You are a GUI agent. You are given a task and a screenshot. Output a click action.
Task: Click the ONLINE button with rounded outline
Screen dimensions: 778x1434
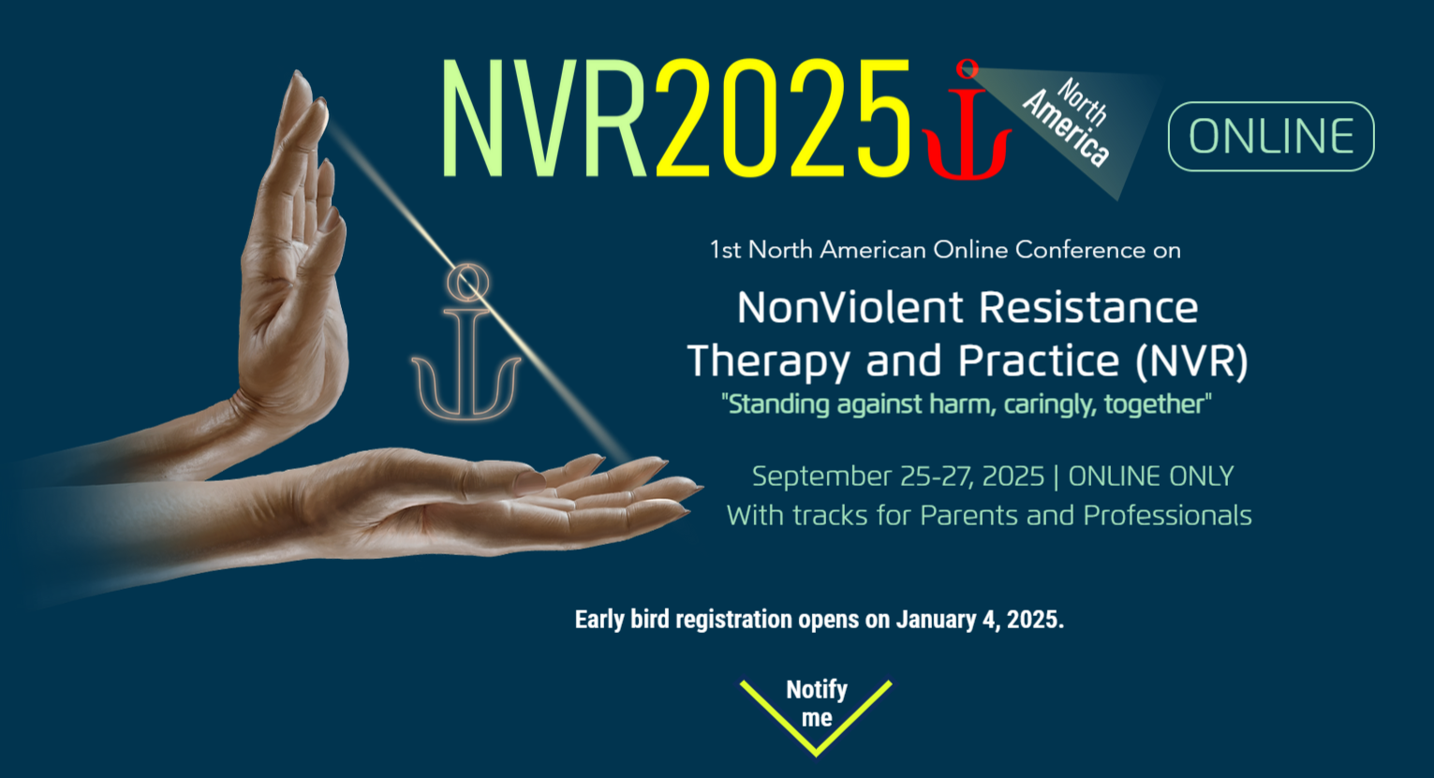[x=1271, y=137]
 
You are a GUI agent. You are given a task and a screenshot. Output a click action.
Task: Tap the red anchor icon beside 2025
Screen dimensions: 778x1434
[x=967, y=126]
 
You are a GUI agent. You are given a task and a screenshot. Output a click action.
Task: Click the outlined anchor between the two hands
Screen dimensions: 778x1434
[x=466, y=346]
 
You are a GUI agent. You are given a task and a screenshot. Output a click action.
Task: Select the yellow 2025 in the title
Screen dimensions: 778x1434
[x=782, y=119]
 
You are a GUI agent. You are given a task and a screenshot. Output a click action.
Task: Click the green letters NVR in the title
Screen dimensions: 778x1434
[x=544, y=119]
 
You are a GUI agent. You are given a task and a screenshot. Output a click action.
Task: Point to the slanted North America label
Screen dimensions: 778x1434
[x=1068, y=122]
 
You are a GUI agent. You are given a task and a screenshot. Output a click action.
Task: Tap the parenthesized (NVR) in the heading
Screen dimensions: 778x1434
[x=1191, y=361]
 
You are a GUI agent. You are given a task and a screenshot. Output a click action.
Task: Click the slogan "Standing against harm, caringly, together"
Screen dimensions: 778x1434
[x=966, y=404]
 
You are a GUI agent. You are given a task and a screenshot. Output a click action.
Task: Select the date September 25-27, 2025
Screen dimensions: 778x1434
[x=897, y=477]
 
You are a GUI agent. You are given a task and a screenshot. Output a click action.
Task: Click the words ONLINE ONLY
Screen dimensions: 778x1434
[x=1150, y=477]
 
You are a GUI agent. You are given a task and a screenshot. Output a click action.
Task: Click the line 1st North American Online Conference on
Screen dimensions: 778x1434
[x=944, y=250]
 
